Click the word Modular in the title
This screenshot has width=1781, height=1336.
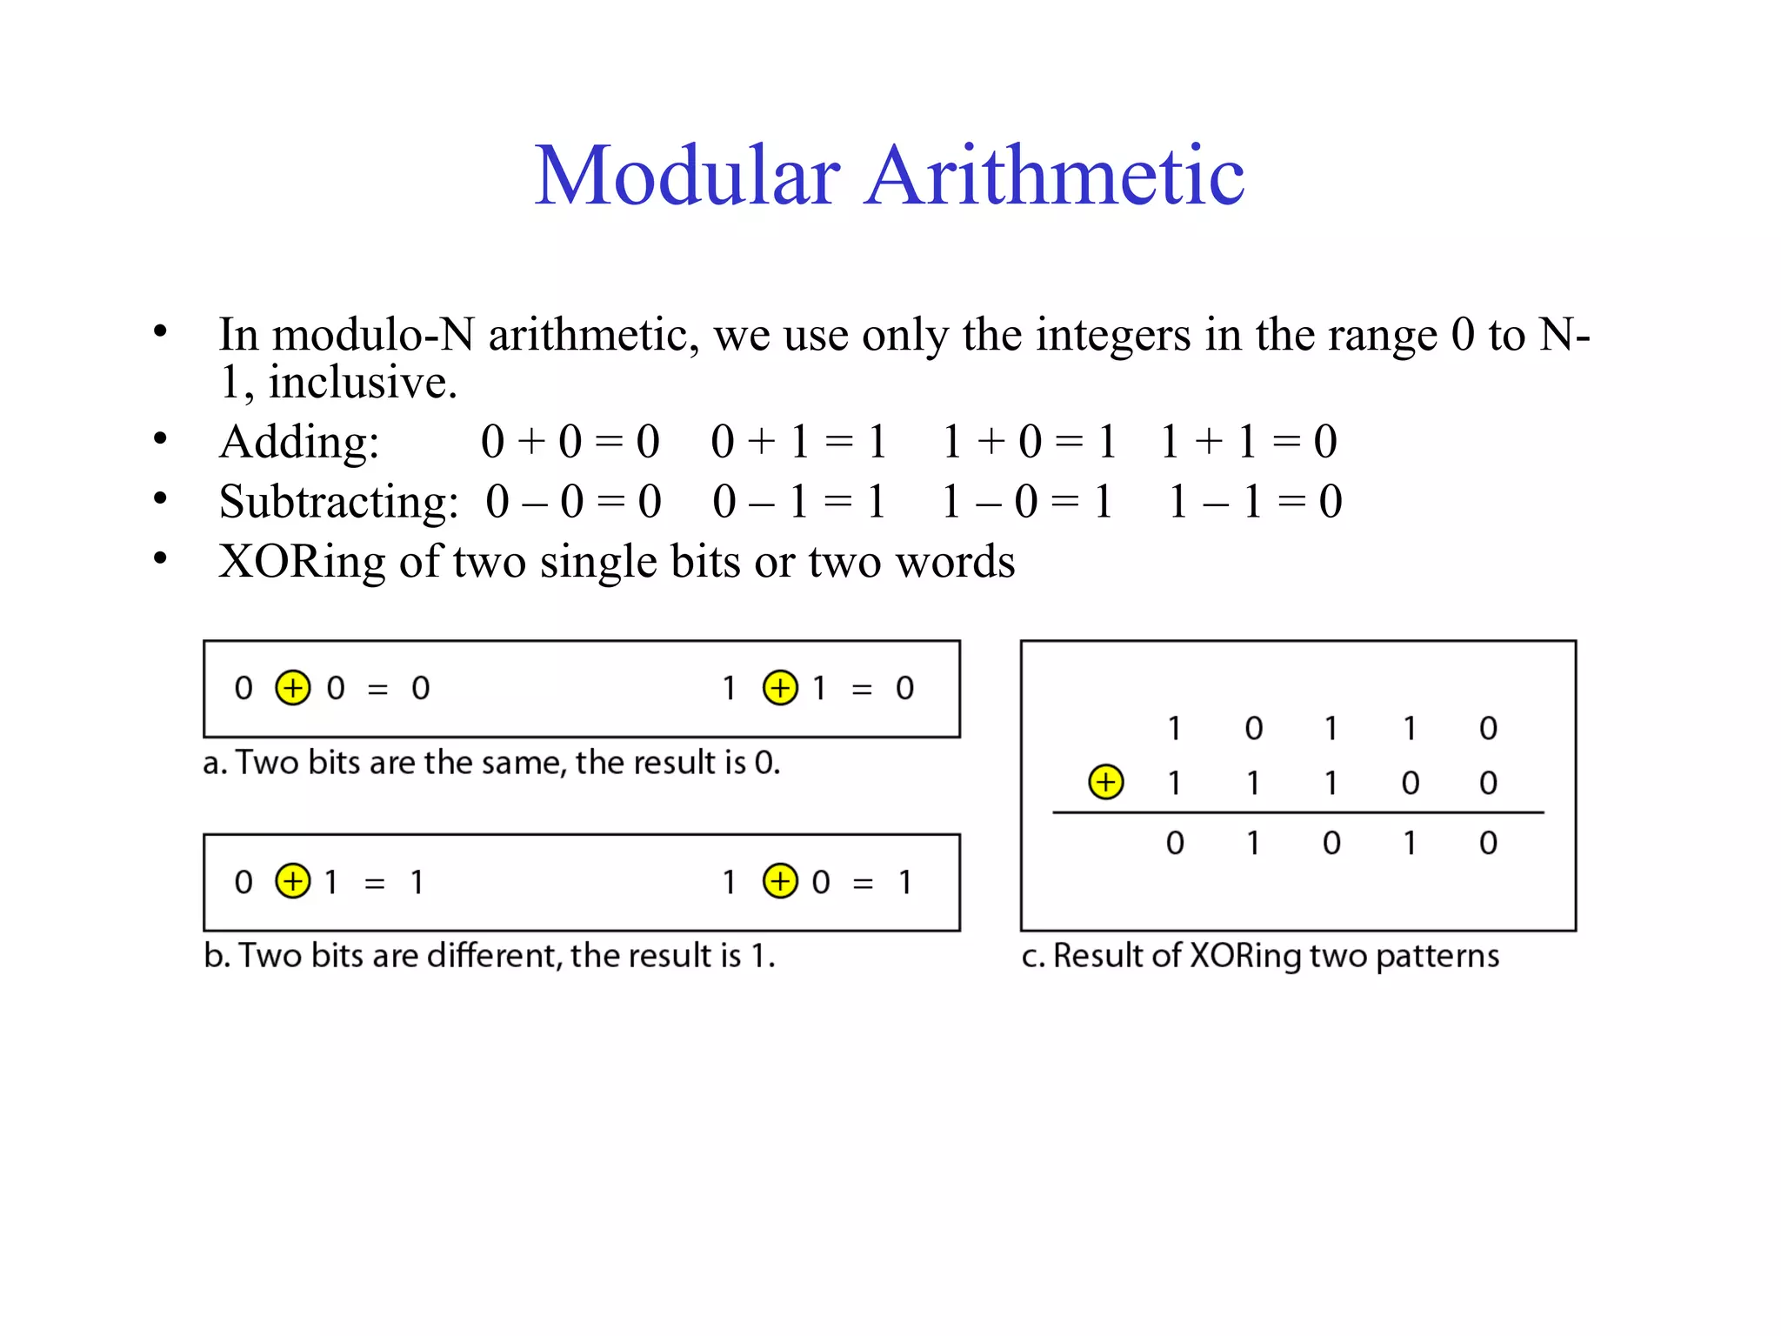point(687,177)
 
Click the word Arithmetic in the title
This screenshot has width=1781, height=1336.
point(1054,177)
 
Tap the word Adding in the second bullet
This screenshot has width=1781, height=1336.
point(298,442)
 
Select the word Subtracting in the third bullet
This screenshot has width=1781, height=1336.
point(338,502)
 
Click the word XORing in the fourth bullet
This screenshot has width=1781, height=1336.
point(302,562)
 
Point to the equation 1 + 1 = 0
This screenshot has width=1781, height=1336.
point(1248,442)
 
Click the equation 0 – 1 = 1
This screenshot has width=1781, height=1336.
point(798,502)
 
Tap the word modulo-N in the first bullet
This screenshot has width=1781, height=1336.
point(373,335)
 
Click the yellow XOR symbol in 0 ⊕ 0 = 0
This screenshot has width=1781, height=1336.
point(293,688)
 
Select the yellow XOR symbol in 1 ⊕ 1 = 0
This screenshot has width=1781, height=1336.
point(780,688)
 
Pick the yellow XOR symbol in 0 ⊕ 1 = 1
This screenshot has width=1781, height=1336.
point(293,881)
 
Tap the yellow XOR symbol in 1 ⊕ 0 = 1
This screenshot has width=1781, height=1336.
point(780,881)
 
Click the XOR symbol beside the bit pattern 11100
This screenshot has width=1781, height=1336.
point(1105,782)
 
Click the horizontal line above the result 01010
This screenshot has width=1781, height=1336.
point(1297,813)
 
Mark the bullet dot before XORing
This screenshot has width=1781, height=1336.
point(160,558)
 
